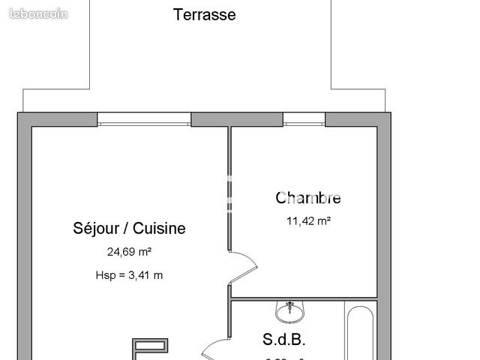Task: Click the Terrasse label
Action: (x=204, y=15)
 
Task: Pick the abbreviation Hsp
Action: (x=106, y=275)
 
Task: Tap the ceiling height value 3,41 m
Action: (x=145, y=275)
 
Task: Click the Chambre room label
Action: (x=308, y=198)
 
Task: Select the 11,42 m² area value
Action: (x=308, y=221)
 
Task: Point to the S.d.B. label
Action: (x=284, y=339)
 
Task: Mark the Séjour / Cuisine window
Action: (x=143, y=119)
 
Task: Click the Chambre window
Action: (x=303, y=119)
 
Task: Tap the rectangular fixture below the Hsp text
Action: (x=150, y=346)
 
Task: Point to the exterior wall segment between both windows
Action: (x=236, y=119)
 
